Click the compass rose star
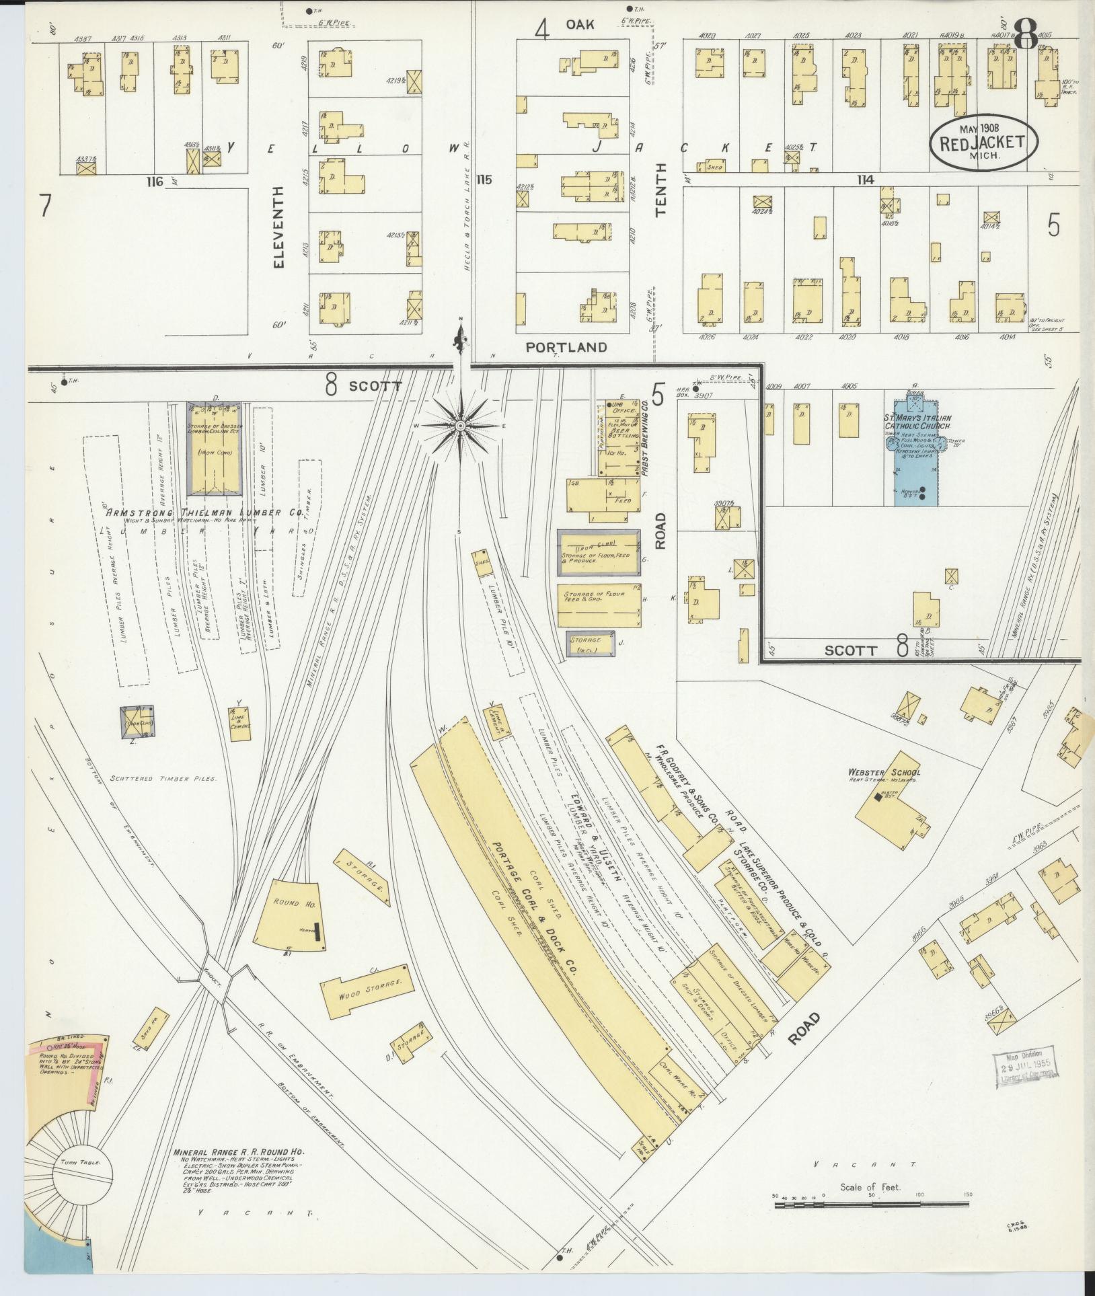[461, 426]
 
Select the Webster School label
[884, 773]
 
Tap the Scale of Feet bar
[870, 1205]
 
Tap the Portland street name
[566, 348]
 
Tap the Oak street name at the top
[579, 24]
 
